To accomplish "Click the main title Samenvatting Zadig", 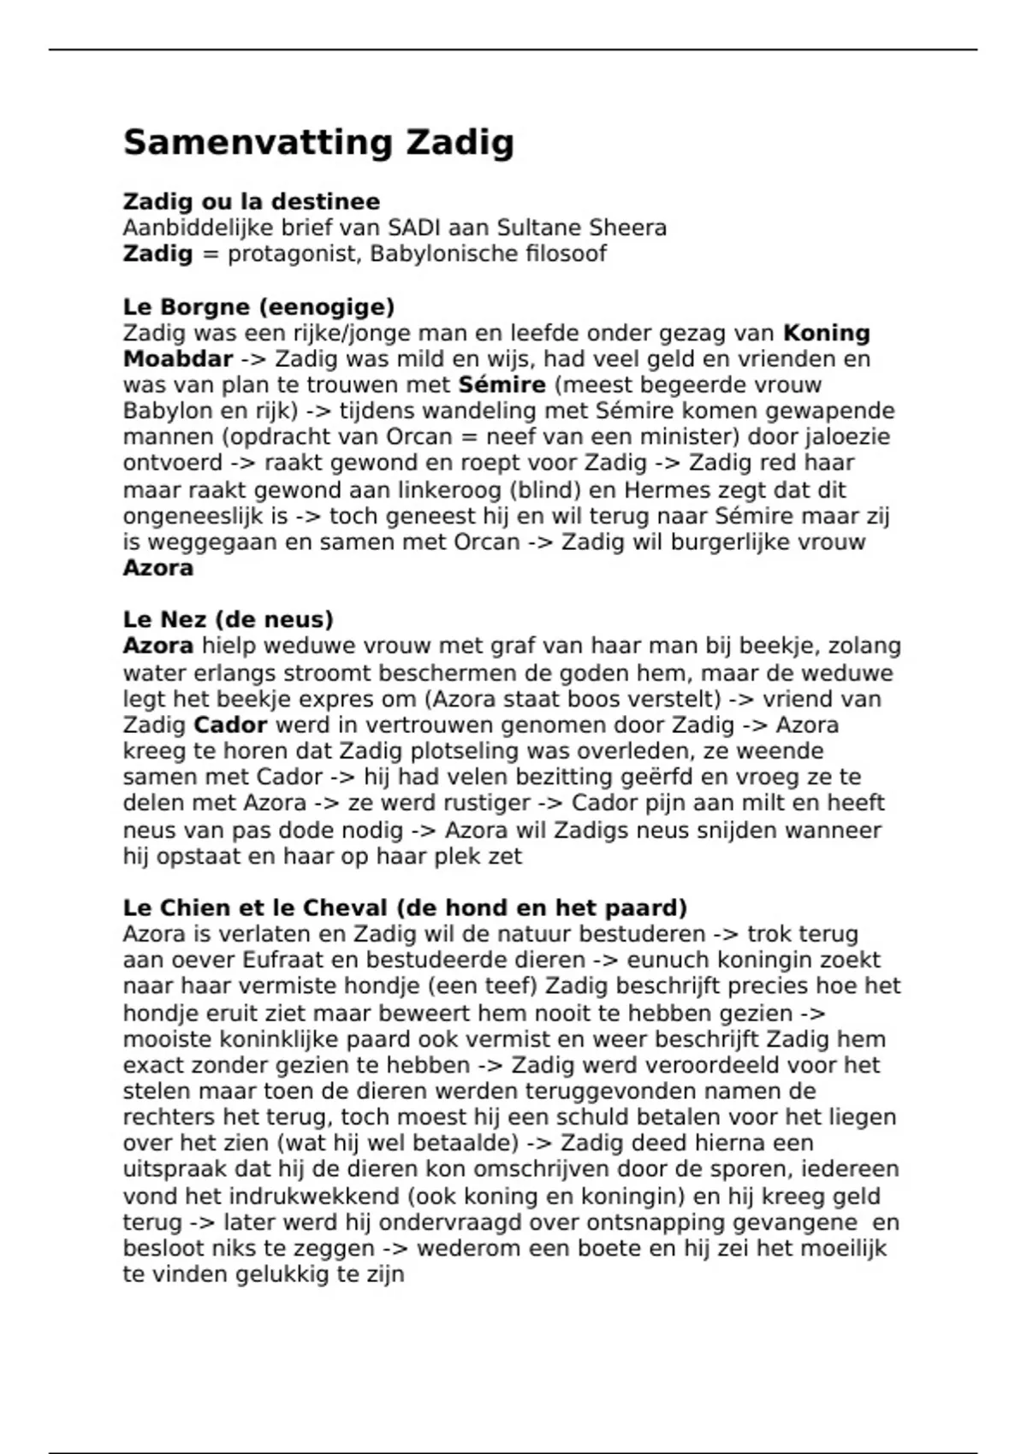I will [x=318, y=143].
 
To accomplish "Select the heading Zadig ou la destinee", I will [x=252, y=202].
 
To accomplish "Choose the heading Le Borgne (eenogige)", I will [x=258, y=306].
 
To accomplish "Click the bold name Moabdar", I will [x=178, y=359].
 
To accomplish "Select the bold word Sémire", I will [x=502, y=385].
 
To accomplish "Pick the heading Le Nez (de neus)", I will [x=228, y=619].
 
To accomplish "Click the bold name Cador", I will [x=230, y=725].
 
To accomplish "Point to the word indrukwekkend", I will [x=310, y=1197].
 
